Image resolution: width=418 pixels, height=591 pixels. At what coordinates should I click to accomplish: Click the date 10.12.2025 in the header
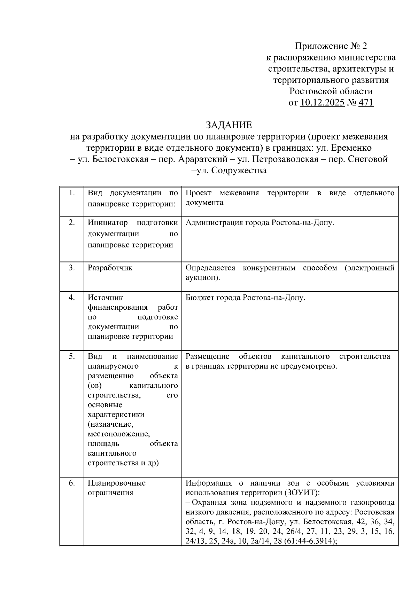[x=322, y=103]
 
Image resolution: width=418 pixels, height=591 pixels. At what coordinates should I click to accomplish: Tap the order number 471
[x=366, y=103]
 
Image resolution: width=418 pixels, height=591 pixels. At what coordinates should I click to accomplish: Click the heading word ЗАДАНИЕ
[x=229, y=125]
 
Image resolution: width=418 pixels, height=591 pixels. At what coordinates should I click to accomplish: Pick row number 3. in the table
[x=72, y=268]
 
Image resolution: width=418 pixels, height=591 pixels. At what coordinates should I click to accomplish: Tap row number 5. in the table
[x=72, y=356]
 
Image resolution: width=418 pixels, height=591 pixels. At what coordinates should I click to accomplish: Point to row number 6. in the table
[x=72, y=483]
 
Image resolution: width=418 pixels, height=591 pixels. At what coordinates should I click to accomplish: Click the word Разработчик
[x=110, y=268]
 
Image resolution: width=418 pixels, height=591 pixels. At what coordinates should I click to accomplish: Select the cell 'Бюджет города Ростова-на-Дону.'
[x=245, y=298]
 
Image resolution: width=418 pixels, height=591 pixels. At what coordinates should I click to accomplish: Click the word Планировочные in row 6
[x=117, y=483]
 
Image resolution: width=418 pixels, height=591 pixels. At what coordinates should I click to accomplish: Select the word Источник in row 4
[x=106, y=298]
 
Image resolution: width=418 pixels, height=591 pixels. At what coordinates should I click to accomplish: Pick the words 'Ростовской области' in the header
[x=331, y=92]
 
